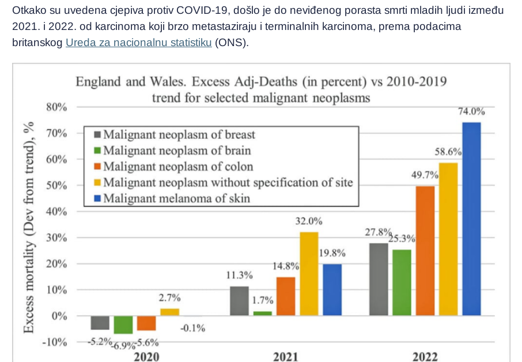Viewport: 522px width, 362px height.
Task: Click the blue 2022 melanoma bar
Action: pyautogui.click(x=471, y=219)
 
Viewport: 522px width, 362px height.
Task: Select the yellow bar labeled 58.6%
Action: pyautogui.click(x=448, y=239)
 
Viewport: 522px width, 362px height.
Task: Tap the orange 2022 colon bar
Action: pyautogui.click(x=425, y=251)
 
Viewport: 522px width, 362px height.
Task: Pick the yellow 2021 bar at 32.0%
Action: pyautogui.click(x=309, y=274)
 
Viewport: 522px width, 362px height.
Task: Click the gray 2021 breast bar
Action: pyautogui.click(x=239, y=301)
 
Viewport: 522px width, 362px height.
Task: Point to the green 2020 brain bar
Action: pyautogui.click(x=123, y=325)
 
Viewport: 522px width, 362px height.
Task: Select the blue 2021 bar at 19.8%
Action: pyautogui.click(x=332, y=290)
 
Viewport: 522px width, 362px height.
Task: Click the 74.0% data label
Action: pyautogui.click(x=471, y=111)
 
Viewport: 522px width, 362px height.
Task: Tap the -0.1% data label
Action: pyautogui.click(x=193, y=328)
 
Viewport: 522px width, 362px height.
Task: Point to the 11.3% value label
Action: pyautogui.click(x=239, y=275)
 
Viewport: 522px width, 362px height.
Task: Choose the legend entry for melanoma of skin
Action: pyautogui.click(x=172, y=198)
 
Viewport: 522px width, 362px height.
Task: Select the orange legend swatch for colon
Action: pyautogui.click(x=97, y=167)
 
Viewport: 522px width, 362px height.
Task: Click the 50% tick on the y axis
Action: pyautogui.click(x=56, y=186)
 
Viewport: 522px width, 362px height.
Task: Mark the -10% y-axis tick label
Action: pyautogui.click(x=55, y=342)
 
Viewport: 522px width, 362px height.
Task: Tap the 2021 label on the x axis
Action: pyautogui.click(x=285, y=357)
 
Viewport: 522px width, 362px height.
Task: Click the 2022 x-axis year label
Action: pyautogui.click(x=425, y=357)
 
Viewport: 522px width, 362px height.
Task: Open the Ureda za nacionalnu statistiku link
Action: pyautogui.click(x=138, y=42)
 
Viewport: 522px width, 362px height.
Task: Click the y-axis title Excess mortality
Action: pyautogui.click(x=29, y=286)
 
